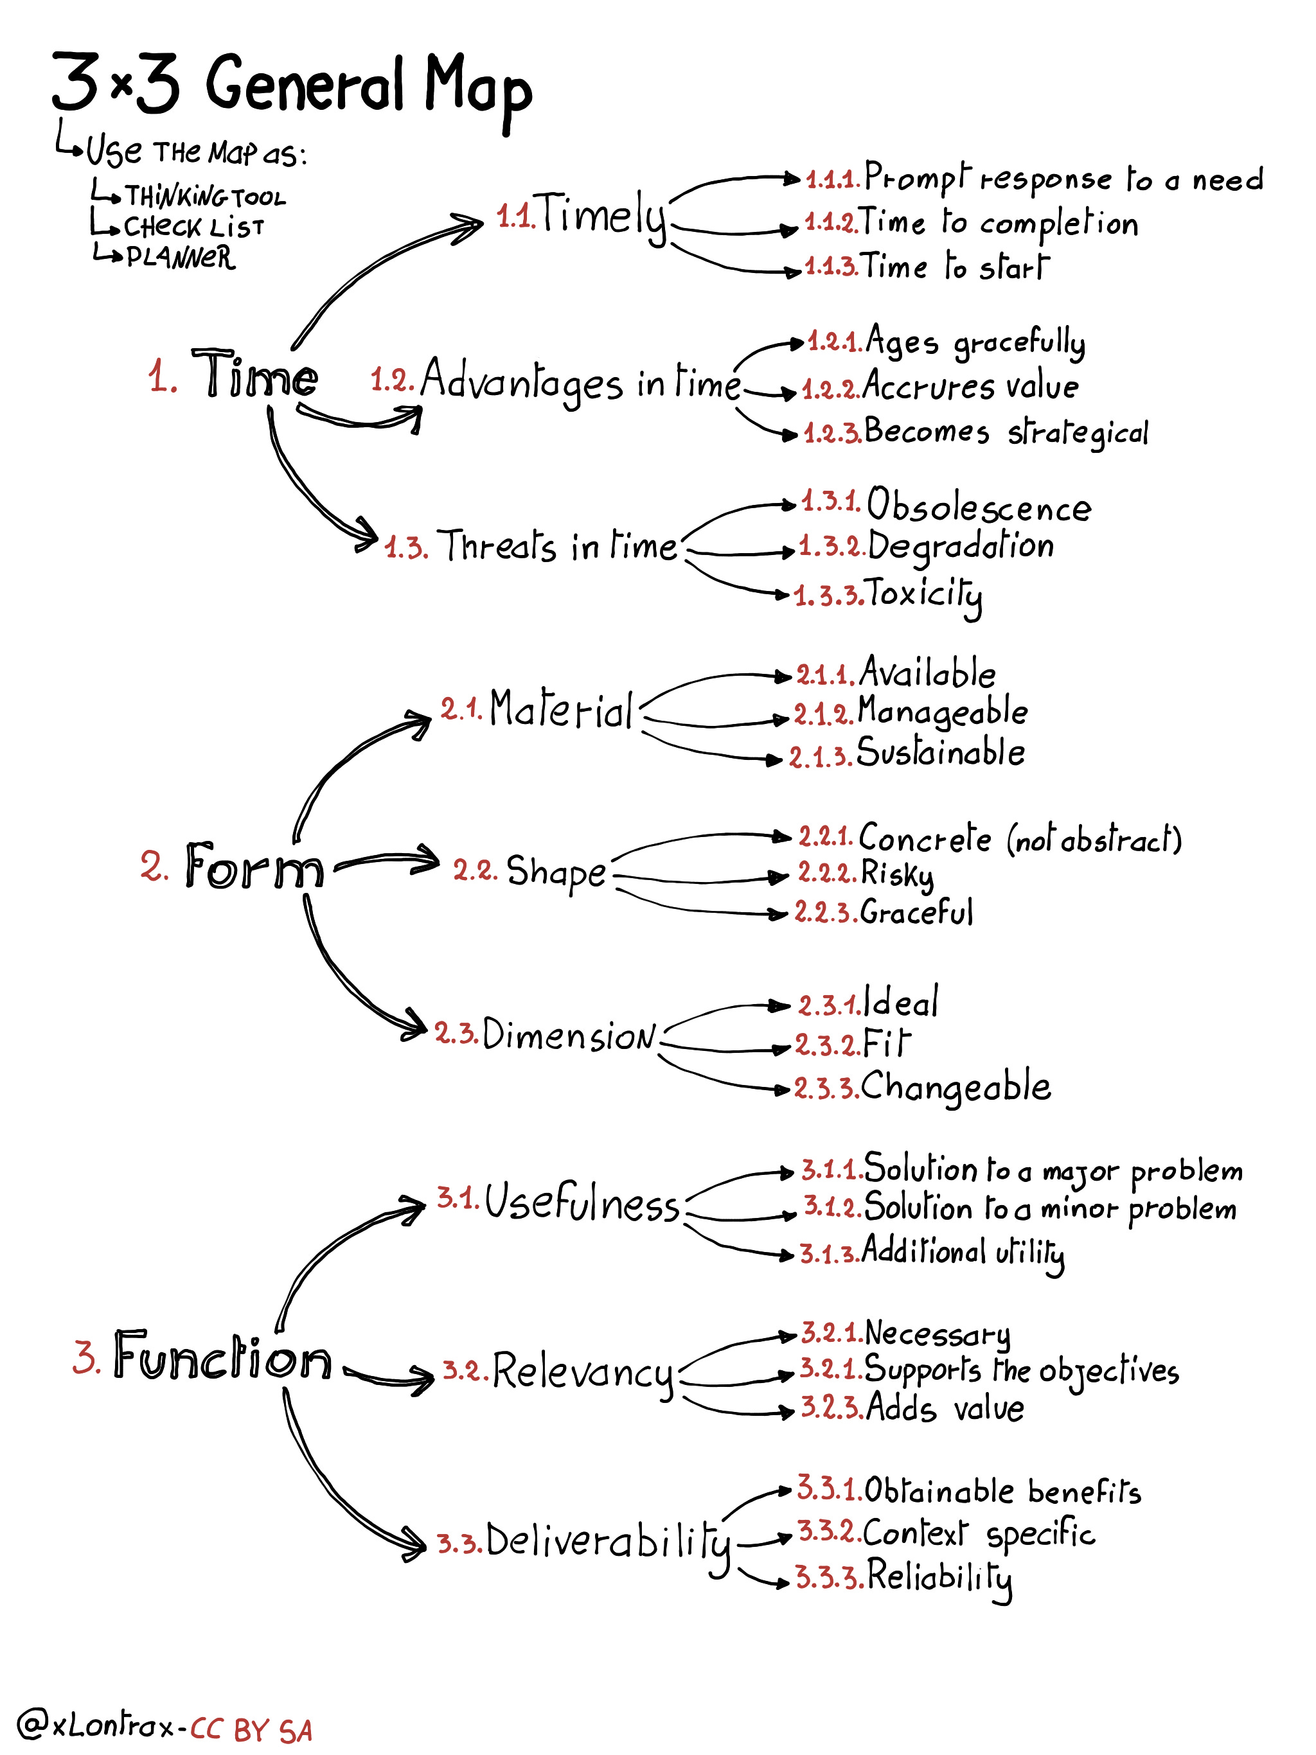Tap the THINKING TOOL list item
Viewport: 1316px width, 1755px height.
click(205, 196)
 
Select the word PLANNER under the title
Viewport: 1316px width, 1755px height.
click(180, 257)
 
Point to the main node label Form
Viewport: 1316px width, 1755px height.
click(254, 867)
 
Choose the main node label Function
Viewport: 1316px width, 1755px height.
click(222, 1357)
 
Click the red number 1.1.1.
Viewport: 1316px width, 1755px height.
click(833, 179)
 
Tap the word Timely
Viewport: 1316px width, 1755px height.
click(603, 216)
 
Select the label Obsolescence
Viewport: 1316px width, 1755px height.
click(979, 506)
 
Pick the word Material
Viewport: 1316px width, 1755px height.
click(561, 709)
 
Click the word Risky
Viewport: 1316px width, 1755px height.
click(897, 874)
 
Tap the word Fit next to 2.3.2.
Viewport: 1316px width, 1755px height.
click(886, 1044)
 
